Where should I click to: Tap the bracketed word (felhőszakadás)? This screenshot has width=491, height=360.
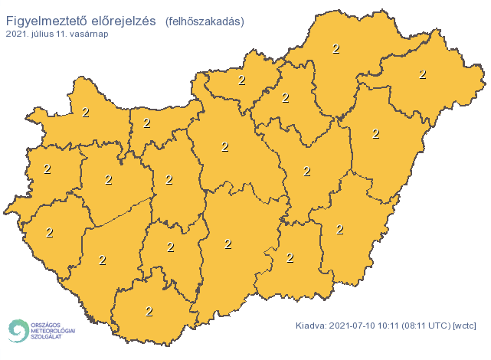click(x=205, y=21)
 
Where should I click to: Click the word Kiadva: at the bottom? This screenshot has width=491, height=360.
click(x=312, y=326)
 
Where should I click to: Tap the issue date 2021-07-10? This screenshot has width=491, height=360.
click(x=354, y=326)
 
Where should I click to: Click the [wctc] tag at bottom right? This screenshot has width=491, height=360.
click(x=466, y=326)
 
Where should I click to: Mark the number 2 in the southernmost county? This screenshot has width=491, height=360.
click(x=149, y=311)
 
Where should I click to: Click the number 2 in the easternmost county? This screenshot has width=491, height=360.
click(x=422, y=74)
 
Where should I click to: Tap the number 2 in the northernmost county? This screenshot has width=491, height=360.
click(x=336, y=48)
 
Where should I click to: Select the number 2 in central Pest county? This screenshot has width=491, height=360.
click(x=225, y=146)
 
